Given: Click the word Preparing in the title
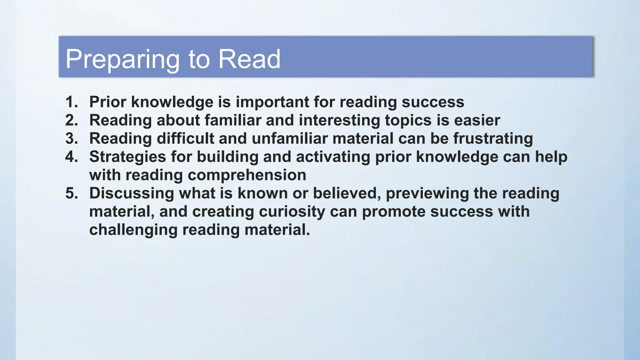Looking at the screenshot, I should [x=122, y=59].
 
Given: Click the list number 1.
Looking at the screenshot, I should [x=72, y=102].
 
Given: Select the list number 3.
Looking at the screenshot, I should [x=72, y=138].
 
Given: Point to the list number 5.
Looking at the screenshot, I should [x=72, y=193].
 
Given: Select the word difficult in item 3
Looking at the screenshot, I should [x=185, y=138].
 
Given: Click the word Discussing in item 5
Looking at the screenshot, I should [x=132, y=193].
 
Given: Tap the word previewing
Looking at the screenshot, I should [x=427, y=193].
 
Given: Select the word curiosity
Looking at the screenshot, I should [x=292, y=212].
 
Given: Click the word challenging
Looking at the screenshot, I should [x=133, y=230].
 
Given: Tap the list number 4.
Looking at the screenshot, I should [x=72, y=157].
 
